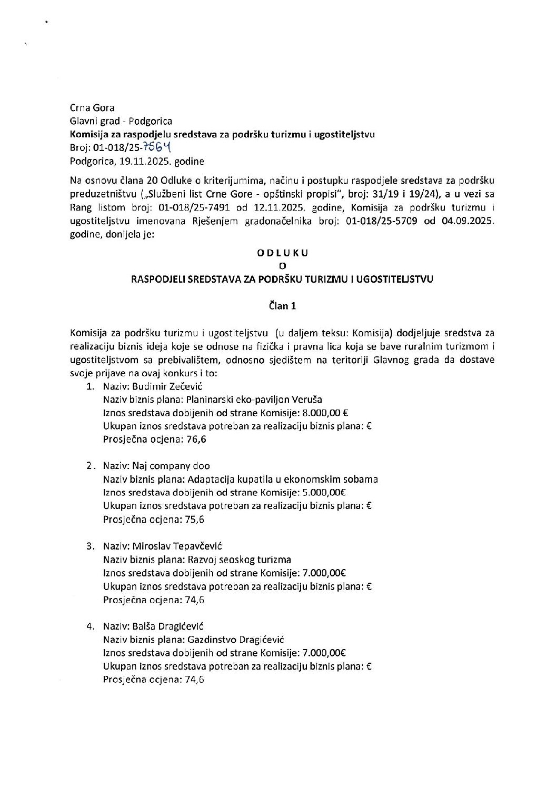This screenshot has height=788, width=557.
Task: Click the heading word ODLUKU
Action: coord(282,253)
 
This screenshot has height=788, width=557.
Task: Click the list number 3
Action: coord(90,546)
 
